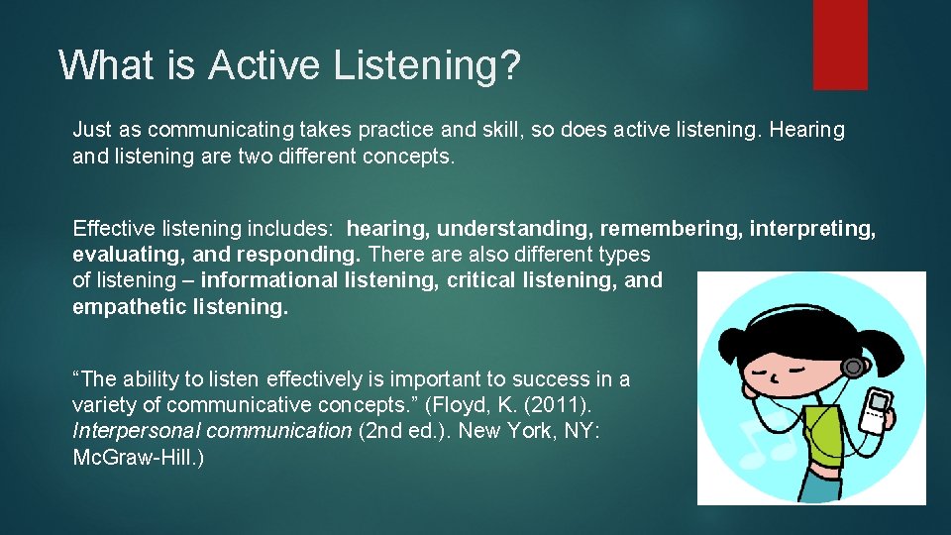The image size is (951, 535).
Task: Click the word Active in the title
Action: (x=264, y=65)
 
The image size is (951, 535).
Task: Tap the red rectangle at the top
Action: (x=840, y=44)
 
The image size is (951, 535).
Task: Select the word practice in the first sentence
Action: (x=352, y=131)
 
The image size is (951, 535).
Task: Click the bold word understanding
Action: (x=511, y=230)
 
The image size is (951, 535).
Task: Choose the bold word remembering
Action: (x=683, y=230)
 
